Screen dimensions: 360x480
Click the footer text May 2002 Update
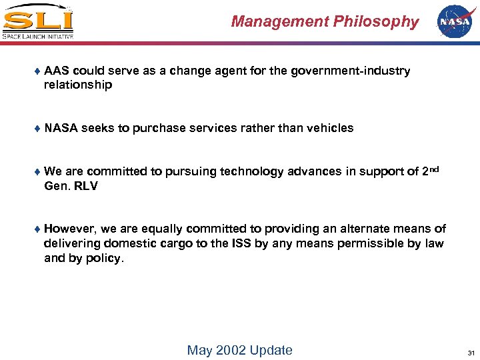pos(239,350)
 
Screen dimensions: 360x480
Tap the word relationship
pos(78,85)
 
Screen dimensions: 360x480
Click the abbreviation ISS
pos(241,243)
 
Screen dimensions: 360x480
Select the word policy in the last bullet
pos(103,258)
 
